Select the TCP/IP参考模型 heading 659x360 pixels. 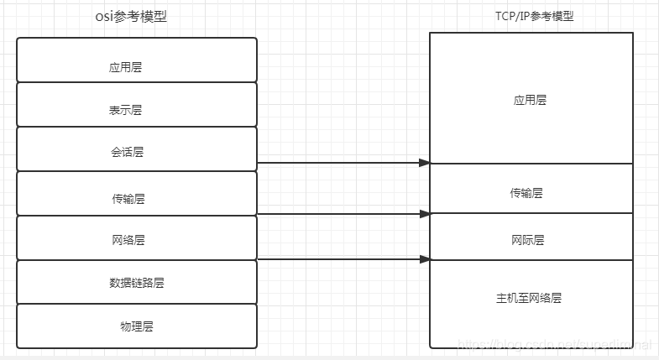535,16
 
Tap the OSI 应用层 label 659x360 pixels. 126,67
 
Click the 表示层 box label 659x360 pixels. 126,111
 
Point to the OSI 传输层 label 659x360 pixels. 128,199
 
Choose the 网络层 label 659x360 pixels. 128,240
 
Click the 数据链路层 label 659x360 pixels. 136,283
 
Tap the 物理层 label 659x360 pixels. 136,326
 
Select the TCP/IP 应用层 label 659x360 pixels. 530,100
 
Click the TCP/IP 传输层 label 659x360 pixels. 526,193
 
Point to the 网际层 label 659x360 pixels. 528,240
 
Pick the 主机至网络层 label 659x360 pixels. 529,297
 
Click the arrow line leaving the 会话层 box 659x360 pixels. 336,163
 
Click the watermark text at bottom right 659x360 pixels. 571,345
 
